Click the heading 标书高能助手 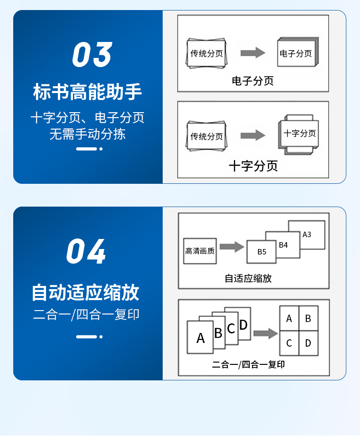pyautogui.click(x=87, y=92)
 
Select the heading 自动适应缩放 pyautogui.click(x=85, y=292)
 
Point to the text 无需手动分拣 pyautogui.click(x=87, y=134)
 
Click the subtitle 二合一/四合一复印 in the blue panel pyautogui.click(x=86, y=315)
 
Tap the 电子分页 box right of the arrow pyautogui.click(x=296, y=54)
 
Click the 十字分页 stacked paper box pyautogui.click(x=299, y=134)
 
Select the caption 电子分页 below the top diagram pyautogui.click(x=252, y=81)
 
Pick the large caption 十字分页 pyautogui.click(x=253, y=166)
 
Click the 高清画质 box pyautogui.click(x=200, y=251)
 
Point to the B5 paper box pyautogui.click(x=262, y=252)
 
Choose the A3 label pyautogui.click(x=307, y=234)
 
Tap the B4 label pyautogui.click(x=283, y=245)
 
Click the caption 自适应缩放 pyautogui.click(x=248, y=278)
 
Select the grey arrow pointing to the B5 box pyautogui.click(x=231, y=247)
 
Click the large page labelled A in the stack pyautogui.click(x=200, y=337)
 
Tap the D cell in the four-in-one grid pyautogui.click(x=308, y=343)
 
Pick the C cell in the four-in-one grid pyautogui.click(x=289, y=343)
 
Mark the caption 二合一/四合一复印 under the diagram pyautogui.click(x=248, y=364)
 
